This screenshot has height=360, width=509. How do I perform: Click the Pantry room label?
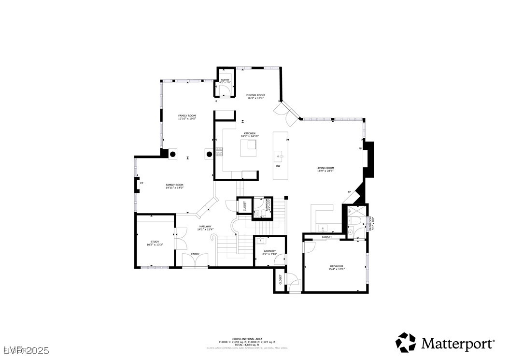[225, 81]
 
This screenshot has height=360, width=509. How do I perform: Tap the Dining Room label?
[255, 96]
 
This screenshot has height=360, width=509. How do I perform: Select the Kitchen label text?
[250, 135]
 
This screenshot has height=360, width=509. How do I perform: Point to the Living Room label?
[325, 169]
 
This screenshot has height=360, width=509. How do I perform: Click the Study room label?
[155, 243]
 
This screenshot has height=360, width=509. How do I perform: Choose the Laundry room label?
[269, 252]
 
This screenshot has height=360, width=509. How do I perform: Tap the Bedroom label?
[337, 267]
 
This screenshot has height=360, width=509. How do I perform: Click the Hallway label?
[205, 228]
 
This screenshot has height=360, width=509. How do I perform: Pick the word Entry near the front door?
[195, 254]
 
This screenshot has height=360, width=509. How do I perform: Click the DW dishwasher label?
[278, 166]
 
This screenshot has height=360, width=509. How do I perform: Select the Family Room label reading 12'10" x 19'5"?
[187, 117]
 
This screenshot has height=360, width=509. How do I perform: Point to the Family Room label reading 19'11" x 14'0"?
[174, 186]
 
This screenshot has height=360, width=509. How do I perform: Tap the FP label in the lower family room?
[141, 183]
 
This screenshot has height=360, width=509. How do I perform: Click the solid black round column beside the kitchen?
[210, 155]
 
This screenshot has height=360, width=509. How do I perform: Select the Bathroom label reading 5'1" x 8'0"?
[372, 223]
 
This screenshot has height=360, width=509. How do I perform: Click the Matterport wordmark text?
[458, 344]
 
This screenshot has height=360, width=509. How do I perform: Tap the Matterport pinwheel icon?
[406, 342]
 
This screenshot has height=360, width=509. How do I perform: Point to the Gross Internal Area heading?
[247, 339]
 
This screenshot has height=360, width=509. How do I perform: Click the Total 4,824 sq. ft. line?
[247, 345]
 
